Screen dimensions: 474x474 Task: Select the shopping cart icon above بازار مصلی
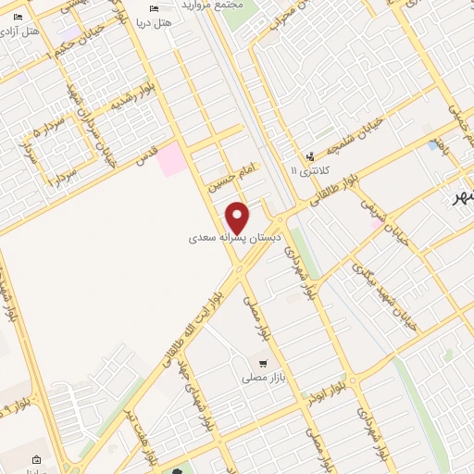point(263,363)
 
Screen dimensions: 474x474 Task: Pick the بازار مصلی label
point(262,378)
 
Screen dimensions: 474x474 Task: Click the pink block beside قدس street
point(171,159)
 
